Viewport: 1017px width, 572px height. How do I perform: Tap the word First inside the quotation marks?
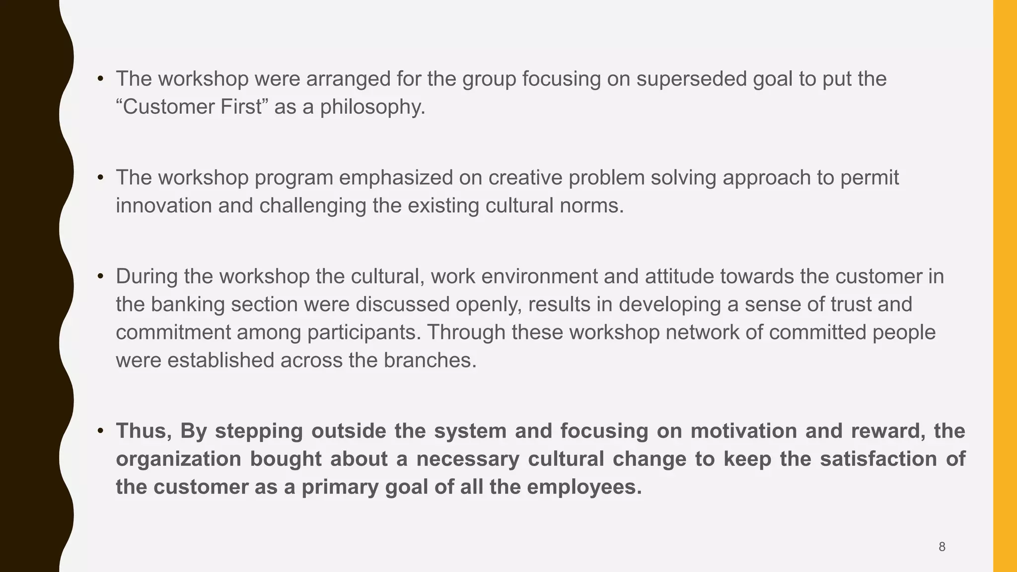[x=241, y=107]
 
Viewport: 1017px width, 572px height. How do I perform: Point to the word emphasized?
[x=396, y=178]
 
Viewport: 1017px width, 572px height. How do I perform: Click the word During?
[x=146, y=277]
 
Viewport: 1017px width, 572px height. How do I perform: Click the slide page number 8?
[x=942, y=547]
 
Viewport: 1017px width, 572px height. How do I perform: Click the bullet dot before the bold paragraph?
[x=100, y=431]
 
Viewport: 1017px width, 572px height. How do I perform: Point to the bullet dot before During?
[x=100, y=277]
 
